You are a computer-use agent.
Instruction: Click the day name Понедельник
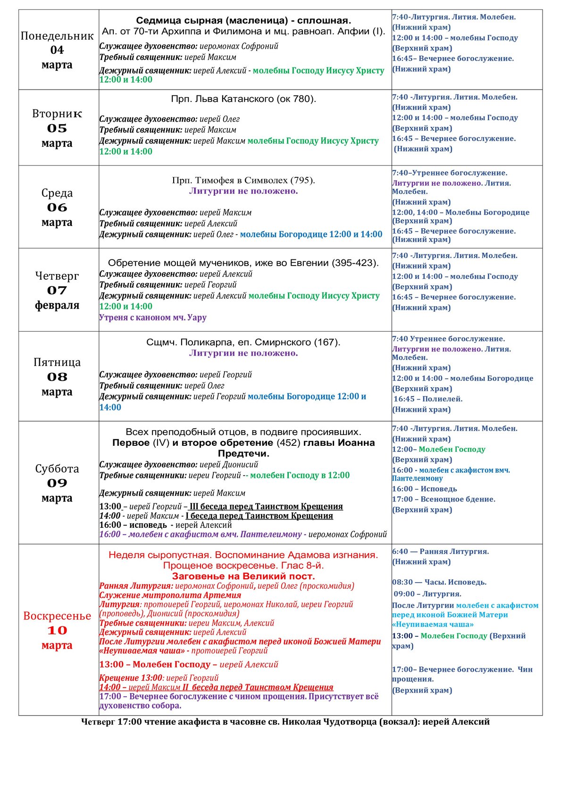pyautogui.click(x=57, y=36)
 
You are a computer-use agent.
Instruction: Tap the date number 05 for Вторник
pyautogui.click(x=57, y=128)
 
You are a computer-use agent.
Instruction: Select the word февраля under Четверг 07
pyautogui.click(x=57, y=305)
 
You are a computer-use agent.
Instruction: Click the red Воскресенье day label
pyautogui.click(x=57, y=616)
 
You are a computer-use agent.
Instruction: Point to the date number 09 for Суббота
pyautogui.click(x=57, y=483)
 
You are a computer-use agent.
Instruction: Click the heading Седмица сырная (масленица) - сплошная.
pyautogui.click(x=243, y=21)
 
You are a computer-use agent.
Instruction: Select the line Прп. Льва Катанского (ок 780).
pyautogui.click(x=243, y=99)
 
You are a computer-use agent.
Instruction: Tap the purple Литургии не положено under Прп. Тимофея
pyautogui.click(x=243, y=191)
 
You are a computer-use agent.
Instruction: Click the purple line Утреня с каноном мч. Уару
pyautogui.click(x=153, y=317)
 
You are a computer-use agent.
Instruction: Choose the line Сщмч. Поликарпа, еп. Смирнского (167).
pyautogui.click(x=243, y=342)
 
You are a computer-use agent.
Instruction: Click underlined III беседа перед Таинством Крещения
pyautogui.click(x=266, y=507)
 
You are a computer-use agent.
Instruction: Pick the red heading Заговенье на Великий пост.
pyautogui.click(x=243, y=576)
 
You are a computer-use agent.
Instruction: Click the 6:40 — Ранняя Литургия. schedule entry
pyautogui.click(x=440, y=551)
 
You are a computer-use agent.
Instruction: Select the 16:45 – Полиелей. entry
pyautogui.click(x=428, y=399)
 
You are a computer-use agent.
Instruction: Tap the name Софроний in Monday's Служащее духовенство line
pyautogui.click(x=260, y=46)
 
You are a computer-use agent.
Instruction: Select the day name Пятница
pyautogui.click(x=57, y=362)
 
